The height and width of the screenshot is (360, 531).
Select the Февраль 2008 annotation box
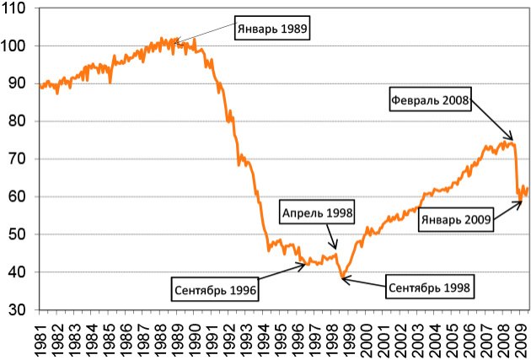[430, 99]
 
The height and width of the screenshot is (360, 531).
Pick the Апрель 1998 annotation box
[318, 212]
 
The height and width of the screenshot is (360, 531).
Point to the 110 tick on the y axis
[18, 8]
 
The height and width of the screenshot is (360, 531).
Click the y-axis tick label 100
[18, 46]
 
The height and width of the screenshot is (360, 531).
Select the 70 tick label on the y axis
[20, 159]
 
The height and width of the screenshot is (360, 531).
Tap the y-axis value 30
[20, 309]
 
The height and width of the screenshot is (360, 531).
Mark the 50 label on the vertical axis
[20, 234]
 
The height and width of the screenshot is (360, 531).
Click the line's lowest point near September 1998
[342, 277]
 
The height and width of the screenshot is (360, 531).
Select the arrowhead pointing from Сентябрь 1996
[307, 265]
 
